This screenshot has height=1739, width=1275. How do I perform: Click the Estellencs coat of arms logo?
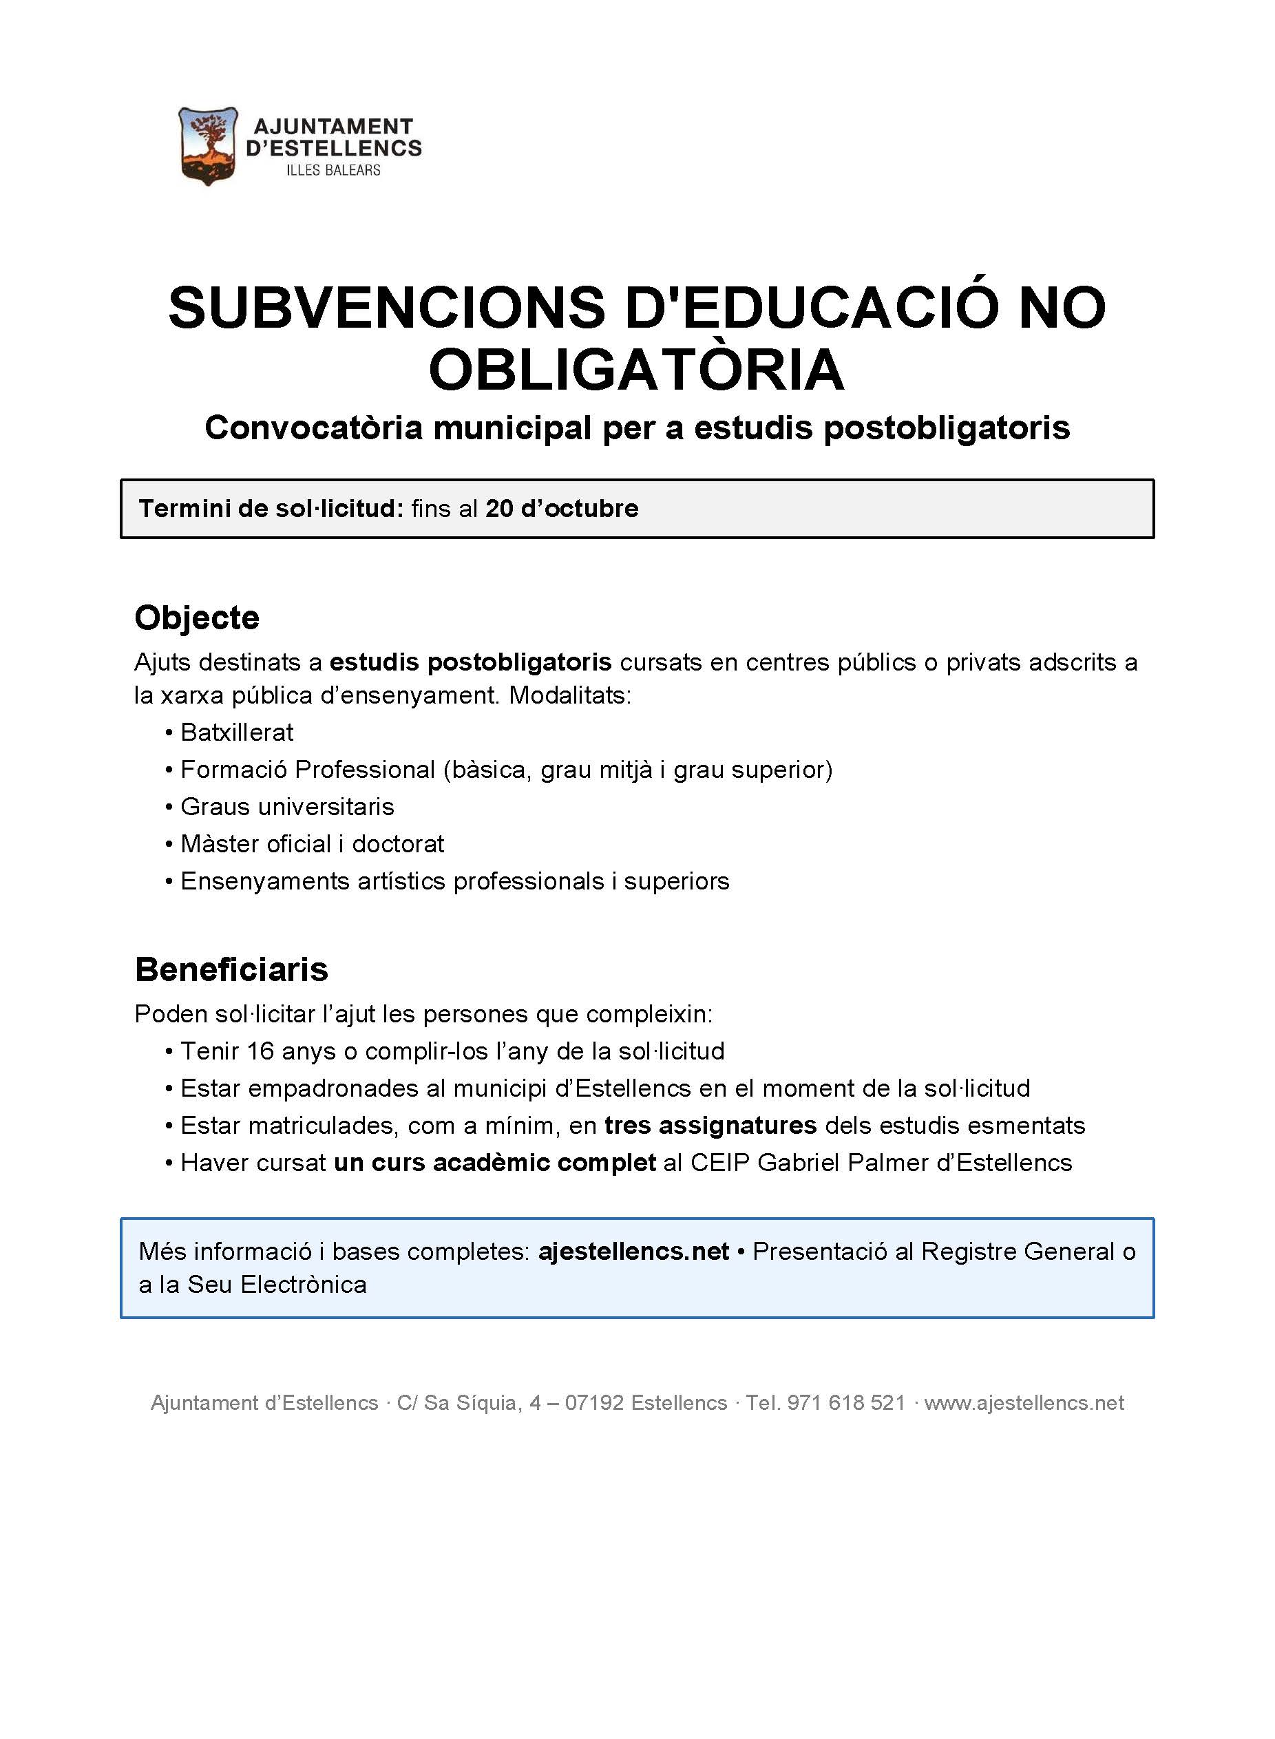[208, 146]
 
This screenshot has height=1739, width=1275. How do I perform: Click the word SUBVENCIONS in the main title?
[387, 307]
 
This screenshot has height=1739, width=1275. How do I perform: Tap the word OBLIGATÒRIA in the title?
[637, 370]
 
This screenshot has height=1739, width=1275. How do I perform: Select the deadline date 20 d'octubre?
[562, 509]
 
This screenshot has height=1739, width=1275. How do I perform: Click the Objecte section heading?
[197, 618]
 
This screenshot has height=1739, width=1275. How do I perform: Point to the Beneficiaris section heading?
[231, 969]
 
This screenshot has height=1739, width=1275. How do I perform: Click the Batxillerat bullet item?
[237, 733]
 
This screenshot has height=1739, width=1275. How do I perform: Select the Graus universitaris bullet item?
[287, 807]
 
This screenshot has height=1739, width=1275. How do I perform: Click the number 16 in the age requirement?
[260, 1051]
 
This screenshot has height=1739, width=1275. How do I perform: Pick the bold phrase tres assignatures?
[710, 1126]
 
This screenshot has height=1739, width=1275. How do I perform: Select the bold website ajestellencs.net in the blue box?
[633, 1251]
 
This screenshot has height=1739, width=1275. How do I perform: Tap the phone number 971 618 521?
[846, 1402]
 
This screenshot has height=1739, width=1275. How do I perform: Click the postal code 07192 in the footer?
[594, 1402]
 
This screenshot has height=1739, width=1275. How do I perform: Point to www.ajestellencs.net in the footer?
[1024, 1402]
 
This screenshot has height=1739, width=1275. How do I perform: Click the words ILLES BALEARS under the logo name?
[333, 171]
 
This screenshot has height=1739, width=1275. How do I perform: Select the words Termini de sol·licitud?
[271, 509]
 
